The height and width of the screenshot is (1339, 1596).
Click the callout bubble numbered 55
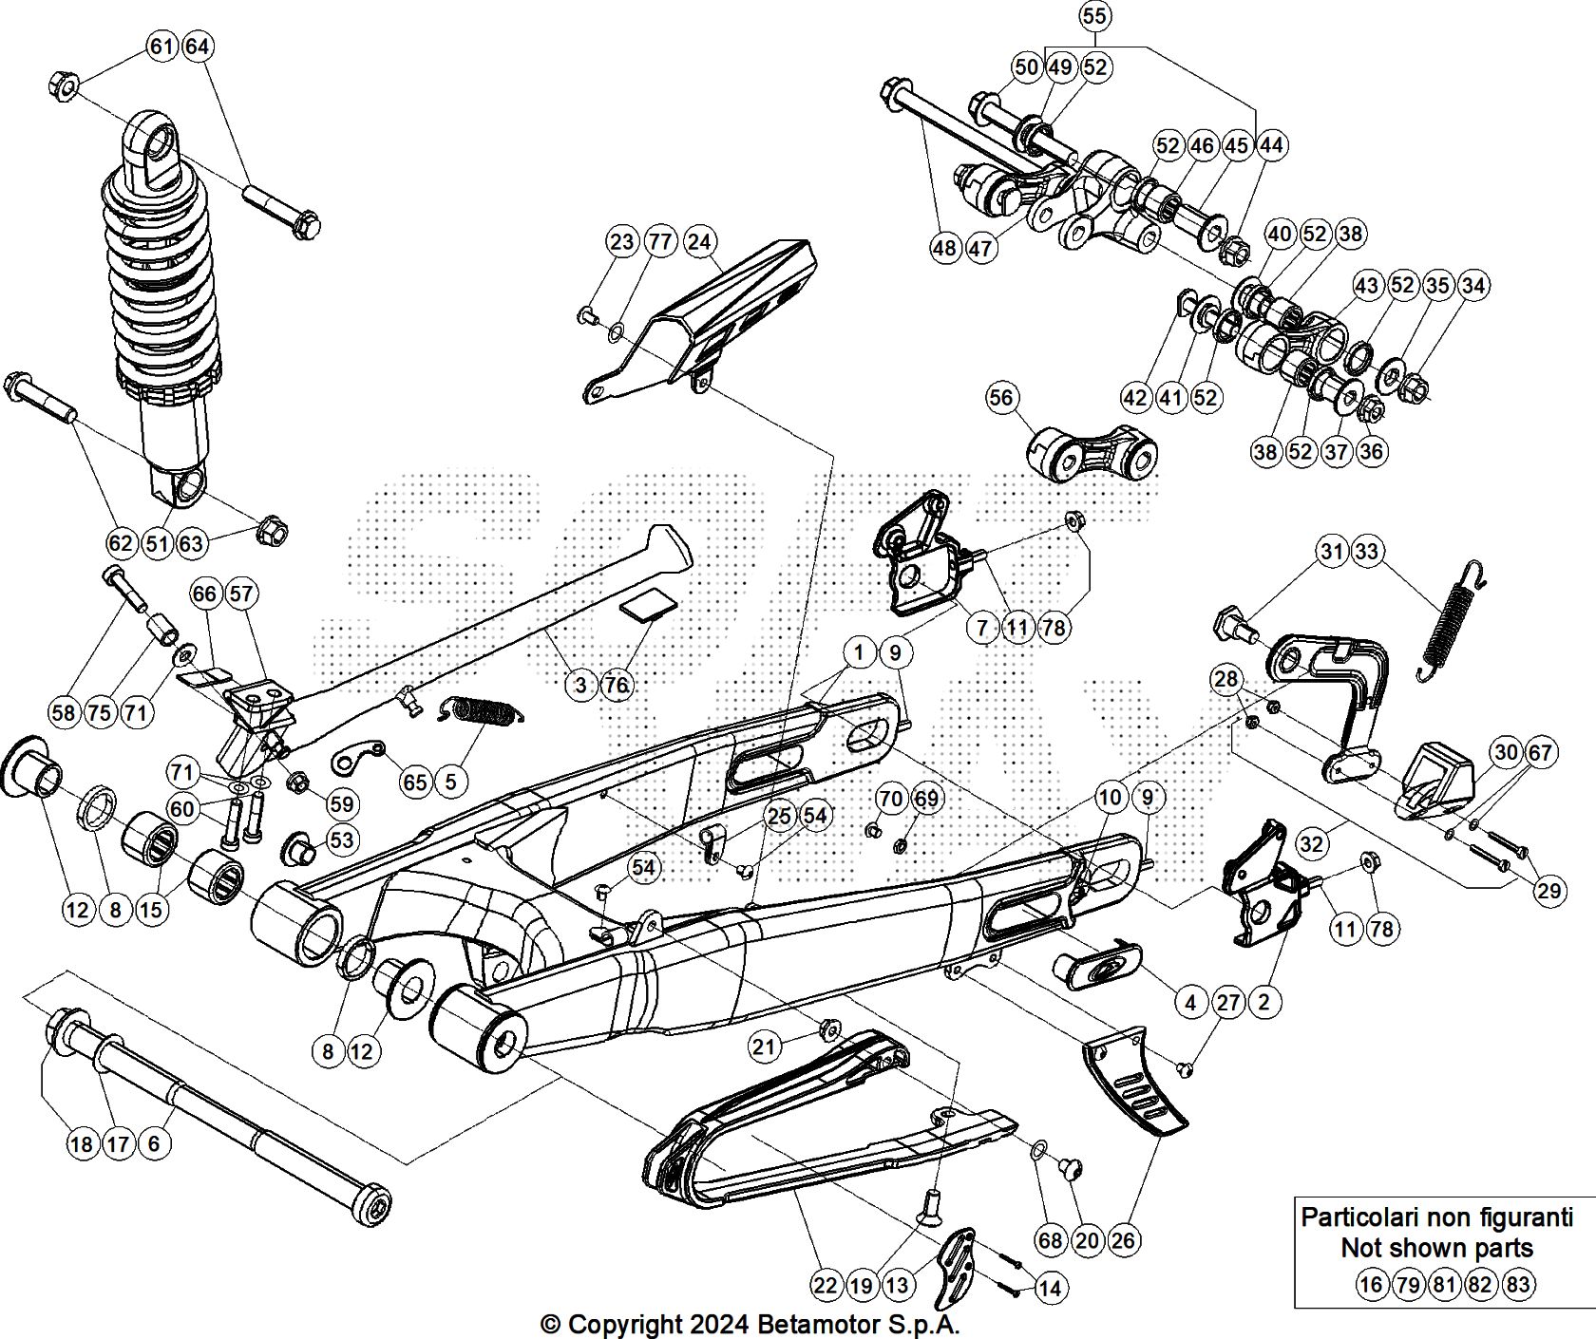click(x=1094, y=16)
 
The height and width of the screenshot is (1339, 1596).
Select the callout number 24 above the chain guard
click(x=698, y=242)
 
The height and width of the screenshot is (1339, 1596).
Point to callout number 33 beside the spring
click(x=1368, y=552)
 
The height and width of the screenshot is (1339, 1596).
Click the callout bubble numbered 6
click(x=154, y=1143)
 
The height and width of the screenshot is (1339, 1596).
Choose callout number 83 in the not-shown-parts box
click(x=1518, y=1285)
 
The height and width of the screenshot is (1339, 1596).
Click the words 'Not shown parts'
click(x=1435, y=1247)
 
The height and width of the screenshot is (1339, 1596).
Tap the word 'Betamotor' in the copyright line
click(x=816, y=1324)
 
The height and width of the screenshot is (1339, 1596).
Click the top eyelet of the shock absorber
click(x=154, y=144)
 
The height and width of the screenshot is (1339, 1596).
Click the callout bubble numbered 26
click(x=1123, y=1239)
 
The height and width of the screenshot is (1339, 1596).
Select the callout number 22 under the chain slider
click(x=826, y=1285)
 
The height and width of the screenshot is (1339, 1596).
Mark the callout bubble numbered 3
click(x=580, y=685)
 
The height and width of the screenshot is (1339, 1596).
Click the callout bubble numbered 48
click(x=945, y=249)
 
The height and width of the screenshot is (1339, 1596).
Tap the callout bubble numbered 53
click(x=341, y=839)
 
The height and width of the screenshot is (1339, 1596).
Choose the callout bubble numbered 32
click(x=1312, y=844)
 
